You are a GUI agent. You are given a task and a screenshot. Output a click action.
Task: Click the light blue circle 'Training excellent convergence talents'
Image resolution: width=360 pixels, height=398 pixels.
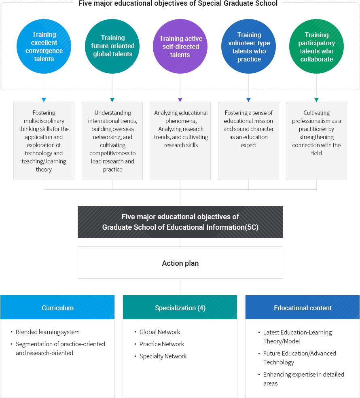click(44, 47)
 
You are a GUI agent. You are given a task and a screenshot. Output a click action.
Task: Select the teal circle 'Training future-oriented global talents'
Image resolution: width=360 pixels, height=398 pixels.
click(112, 47)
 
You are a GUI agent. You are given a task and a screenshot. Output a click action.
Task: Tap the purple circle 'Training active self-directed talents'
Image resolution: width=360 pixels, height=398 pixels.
click(180, 47)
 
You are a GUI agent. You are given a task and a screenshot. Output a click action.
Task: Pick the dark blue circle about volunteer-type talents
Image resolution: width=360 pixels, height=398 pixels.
click(249, 47)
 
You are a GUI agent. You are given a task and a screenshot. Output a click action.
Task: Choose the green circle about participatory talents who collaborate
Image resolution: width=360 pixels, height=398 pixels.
click(316, 47)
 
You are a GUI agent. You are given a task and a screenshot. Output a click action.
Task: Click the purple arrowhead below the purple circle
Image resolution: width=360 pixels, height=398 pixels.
click(180, 100)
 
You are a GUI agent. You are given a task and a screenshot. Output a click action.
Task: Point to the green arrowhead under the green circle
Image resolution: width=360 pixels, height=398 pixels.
click(316, 100)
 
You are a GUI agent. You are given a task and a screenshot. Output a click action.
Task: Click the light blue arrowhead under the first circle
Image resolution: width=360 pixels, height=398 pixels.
click(44, 100)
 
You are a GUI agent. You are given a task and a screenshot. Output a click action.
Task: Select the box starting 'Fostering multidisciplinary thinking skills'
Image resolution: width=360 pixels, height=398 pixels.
click(44, 141)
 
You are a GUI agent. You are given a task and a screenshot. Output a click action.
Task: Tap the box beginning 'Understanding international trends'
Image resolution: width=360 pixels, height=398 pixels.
click(112, 141)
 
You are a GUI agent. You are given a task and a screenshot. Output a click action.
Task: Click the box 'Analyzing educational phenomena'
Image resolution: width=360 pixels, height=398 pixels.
click(180, 141)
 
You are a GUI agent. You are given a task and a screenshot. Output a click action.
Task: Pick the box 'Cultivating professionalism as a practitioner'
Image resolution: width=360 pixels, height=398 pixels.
click(316, 141)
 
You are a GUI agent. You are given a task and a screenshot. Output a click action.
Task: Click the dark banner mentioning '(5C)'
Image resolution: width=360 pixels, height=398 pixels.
click(180, 222)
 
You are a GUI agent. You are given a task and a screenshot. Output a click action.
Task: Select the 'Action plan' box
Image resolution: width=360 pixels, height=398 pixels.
click(180, 263)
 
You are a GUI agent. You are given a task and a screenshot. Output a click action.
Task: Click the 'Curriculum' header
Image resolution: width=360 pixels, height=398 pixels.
click(57, 308)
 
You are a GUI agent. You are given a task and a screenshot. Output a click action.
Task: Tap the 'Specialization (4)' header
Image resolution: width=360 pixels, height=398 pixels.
click(180, 308)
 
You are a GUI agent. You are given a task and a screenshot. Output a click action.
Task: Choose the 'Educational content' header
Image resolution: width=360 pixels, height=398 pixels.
click(303, 308)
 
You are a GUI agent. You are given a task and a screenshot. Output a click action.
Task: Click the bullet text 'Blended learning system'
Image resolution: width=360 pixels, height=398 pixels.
click(48, 332)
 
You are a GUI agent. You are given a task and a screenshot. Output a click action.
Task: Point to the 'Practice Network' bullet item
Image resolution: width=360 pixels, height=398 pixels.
click(162, 344)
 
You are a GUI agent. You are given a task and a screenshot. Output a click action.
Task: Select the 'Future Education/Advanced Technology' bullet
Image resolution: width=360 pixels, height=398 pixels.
click(299, 358)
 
